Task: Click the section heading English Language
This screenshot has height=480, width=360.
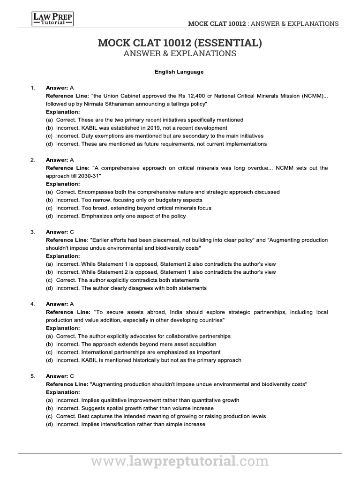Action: [x=180, y=72]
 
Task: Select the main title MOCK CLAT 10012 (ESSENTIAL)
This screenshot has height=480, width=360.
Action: [x=180, y=44]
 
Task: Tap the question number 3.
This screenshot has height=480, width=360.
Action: [x=32, y=232]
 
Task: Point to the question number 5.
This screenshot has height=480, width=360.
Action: [x=32, y=376]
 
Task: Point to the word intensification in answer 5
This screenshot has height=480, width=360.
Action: [x=115, y=424]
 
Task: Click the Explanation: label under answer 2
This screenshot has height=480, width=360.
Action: [x=63, y=184]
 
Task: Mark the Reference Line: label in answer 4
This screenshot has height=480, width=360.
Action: [x=67, y=312]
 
